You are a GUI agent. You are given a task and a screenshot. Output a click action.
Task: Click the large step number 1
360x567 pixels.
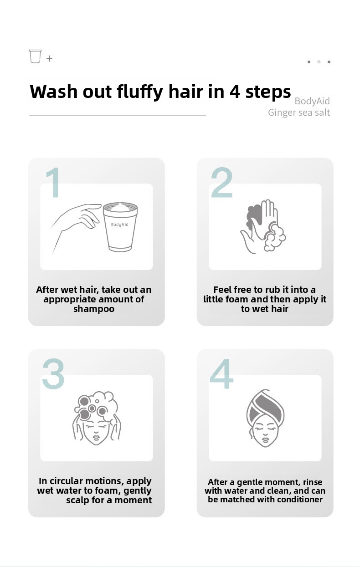[54, 182]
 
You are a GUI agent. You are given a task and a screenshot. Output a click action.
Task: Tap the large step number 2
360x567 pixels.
[222, 182]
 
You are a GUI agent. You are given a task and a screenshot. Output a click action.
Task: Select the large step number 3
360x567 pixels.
[53, 373]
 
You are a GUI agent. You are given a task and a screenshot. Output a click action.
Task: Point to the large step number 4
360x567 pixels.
[221, 373]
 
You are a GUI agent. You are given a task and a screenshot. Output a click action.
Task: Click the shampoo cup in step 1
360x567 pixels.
[120, 227]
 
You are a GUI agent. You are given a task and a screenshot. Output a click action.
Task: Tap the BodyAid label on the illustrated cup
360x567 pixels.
[119, 225]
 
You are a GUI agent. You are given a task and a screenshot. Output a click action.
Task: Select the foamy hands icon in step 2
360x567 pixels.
[263, 226]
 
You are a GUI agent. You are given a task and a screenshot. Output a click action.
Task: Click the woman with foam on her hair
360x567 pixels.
[97, 418]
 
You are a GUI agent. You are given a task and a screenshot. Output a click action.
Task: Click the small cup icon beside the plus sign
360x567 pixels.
[35, 56]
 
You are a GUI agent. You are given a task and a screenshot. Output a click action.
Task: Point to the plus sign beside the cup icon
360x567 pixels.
[49, 59]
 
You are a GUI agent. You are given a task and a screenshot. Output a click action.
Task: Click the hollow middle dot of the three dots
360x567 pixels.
[319, 62]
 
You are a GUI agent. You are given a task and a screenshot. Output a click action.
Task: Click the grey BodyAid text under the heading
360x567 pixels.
[312, 101]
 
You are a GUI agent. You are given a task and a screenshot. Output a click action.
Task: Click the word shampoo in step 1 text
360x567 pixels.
[94, 309]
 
